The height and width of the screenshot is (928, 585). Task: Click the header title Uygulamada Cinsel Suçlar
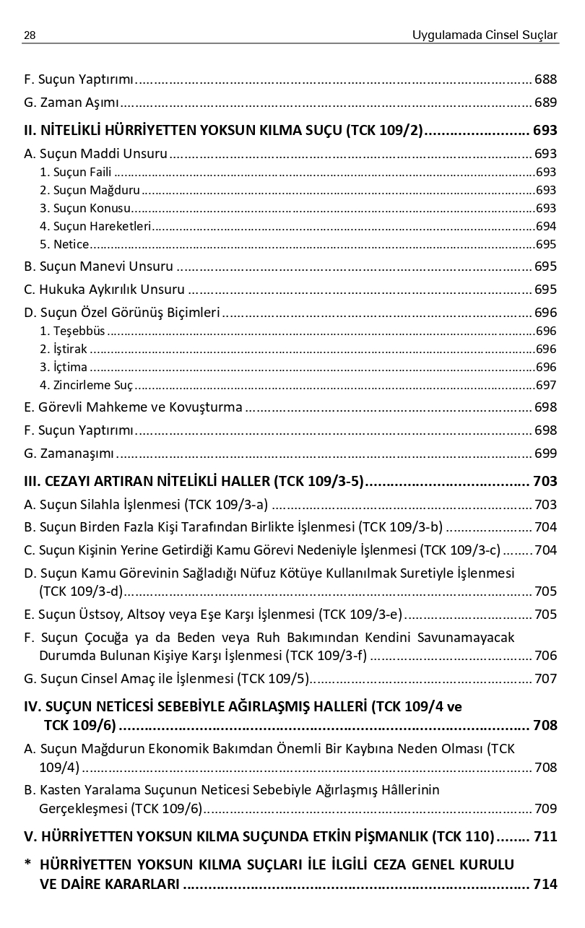point(485,35)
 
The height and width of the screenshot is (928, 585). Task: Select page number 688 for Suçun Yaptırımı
point(545,79)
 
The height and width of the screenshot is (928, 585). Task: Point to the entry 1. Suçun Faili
point(76,173)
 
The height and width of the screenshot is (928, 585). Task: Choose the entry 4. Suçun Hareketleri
point(95,226)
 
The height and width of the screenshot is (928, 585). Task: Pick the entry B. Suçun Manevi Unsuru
point(98,266)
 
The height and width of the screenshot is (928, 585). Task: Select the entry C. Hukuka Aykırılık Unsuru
point(104,290)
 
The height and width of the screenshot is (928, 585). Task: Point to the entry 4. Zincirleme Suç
point(87,385)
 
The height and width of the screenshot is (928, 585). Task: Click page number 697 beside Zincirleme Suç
point(546,385)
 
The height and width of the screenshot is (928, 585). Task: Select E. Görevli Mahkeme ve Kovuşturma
point(133,407)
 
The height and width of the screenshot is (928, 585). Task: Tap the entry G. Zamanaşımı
point(69,454)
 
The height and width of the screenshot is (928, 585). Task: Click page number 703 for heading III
point(545,481)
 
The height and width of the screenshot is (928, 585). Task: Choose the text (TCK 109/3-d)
point(81,591)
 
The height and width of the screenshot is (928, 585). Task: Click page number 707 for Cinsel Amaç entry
point(545,679)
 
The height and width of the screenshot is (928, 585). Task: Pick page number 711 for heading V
point(545,837)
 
